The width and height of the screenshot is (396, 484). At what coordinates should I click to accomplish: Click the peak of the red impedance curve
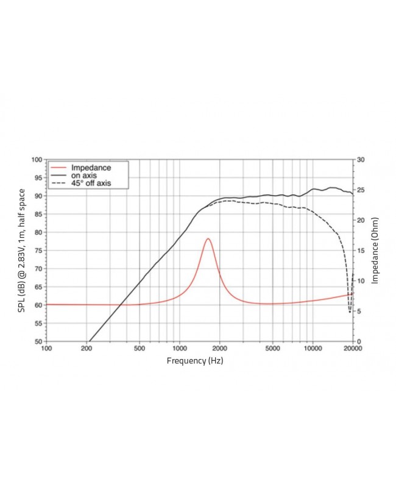pyautogui.click(x=208, y=238)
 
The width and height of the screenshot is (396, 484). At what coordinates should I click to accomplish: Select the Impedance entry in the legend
pyautogui.click(x=90, y=167)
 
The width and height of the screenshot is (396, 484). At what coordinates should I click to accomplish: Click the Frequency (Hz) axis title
pyautogui.click(x=195, y=361)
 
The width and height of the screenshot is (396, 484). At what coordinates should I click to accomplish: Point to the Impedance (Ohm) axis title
pyautogui.click(x=375, y=251)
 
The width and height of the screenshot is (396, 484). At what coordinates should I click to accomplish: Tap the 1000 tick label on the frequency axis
pyautogui.click(x=179, y=349)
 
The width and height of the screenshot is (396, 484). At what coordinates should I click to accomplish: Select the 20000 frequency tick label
pyautogui.click(x=352, y=349)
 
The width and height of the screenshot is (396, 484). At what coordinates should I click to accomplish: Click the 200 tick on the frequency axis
pyautogui.click(x=87, y=349)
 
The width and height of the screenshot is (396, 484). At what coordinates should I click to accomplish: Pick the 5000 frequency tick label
pyautogui.click(x=272, y=349)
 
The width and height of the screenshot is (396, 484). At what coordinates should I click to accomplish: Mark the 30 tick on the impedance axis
pyautogui.click(x=361, y=160)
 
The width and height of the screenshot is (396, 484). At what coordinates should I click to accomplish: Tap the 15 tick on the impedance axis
pyautogui.click(x=361, y=251)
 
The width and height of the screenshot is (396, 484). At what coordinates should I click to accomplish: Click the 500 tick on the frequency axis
pyautogui.click(x=140, y=349)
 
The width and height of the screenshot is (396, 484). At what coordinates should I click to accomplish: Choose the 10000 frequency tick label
pyautogui.click(x=313, y=349)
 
